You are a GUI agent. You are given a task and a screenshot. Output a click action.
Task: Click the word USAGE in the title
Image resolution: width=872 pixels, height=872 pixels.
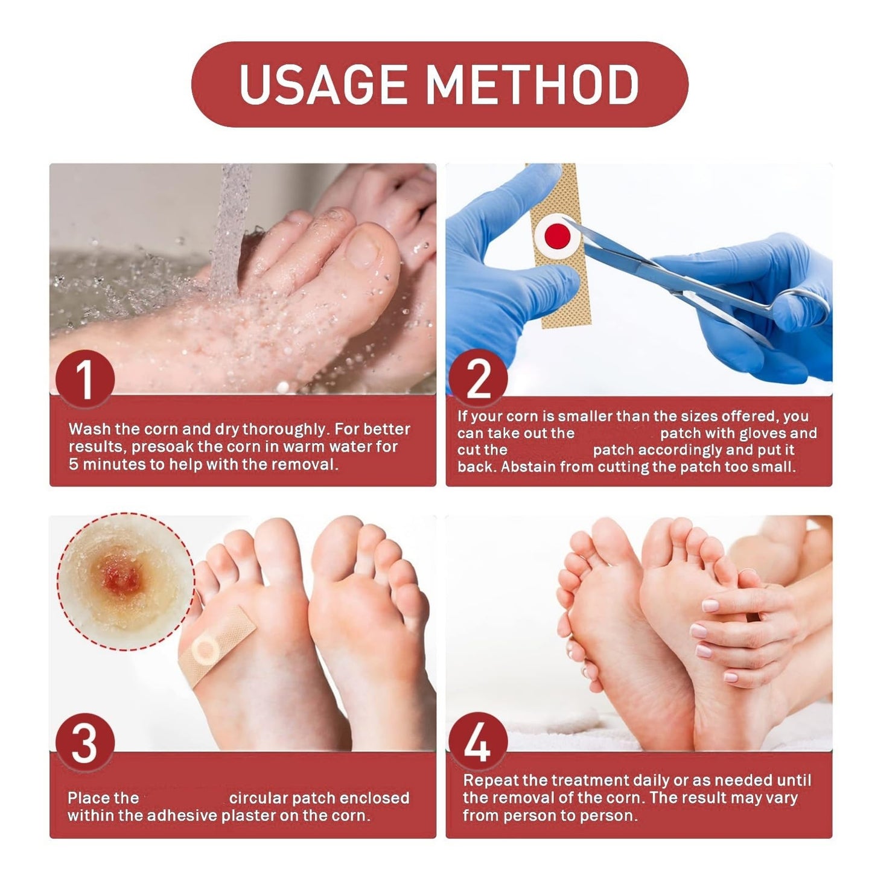[323, 84]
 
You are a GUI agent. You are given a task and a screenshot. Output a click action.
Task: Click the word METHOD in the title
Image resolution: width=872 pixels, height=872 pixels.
[533, 84]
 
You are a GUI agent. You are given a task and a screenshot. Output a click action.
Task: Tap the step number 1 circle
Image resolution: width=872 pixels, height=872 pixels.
[85, 378]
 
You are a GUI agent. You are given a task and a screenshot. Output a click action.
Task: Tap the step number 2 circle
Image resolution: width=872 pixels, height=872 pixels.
[479, 378]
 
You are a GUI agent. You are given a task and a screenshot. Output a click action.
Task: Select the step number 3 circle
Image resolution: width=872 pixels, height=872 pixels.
[85, 742]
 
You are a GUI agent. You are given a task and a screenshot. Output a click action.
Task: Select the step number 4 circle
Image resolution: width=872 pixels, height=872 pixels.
[479, 742]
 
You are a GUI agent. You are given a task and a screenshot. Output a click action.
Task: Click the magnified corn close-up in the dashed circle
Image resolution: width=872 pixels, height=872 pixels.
[126, 582]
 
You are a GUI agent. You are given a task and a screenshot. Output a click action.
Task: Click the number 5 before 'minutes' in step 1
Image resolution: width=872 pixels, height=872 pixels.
[73, 465]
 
